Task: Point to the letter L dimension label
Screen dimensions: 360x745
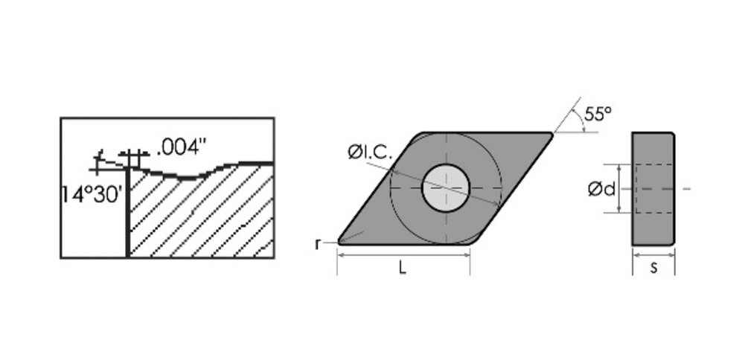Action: point(402,269)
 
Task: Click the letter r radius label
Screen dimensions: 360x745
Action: point(318,243)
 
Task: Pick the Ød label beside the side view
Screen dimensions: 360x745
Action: point(601,190)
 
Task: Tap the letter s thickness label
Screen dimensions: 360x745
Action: point(653,267)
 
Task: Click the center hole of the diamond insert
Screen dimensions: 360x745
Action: point(446,187)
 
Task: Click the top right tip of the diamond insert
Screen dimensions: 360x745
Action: point(551,134)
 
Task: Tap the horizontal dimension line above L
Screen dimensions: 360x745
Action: point(404,254)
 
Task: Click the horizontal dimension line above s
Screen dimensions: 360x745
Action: point(653,254)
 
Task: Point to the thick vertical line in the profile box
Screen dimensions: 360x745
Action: point(128,212)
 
